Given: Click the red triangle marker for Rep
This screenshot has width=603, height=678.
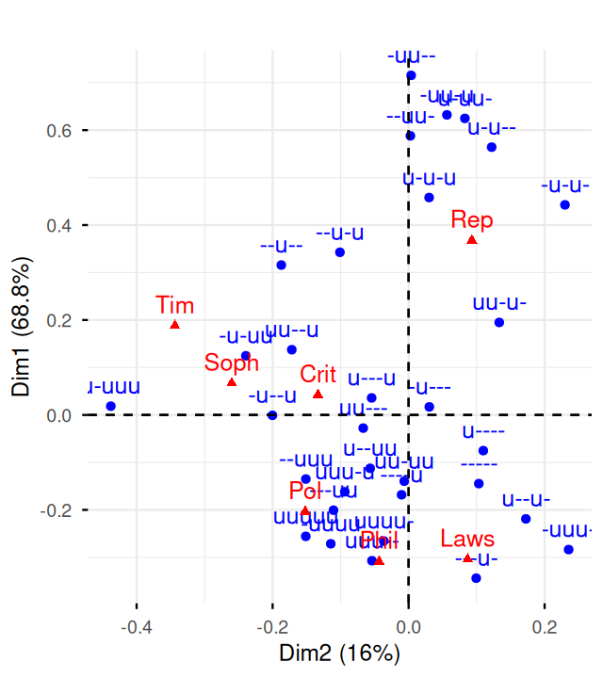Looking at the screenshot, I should tap(472, 240).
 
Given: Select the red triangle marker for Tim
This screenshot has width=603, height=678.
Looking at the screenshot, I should tap(175, 325).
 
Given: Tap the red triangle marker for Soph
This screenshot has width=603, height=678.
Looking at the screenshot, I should tap(232, 381).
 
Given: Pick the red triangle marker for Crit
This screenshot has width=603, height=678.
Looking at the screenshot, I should tap(318, 394).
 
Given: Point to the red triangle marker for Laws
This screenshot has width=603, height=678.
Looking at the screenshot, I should tap(467, 558).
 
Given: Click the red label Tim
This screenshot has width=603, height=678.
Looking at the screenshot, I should tap(175, 304).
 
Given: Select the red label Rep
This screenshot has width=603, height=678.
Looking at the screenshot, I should tap(472, 219).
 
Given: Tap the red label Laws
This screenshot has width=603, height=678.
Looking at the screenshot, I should tap(467, 539).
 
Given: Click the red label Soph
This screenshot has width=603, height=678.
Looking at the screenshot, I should tap(232, 363).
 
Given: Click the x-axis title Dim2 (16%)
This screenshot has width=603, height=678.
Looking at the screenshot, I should tap(339, 652).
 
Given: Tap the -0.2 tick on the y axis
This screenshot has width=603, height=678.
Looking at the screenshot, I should tap(59, 510).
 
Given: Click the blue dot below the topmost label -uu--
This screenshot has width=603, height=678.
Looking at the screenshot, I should tap(411, 75).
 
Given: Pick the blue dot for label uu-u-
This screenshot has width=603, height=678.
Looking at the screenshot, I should tap(499, 322).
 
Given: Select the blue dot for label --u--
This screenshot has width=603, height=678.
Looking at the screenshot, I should tap(281, 265).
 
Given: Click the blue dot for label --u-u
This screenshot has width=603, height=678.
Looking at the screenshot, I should tap(340, 252).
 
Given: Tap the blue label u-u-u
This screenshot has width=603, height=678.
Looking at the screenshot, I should tap(429, 177).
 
